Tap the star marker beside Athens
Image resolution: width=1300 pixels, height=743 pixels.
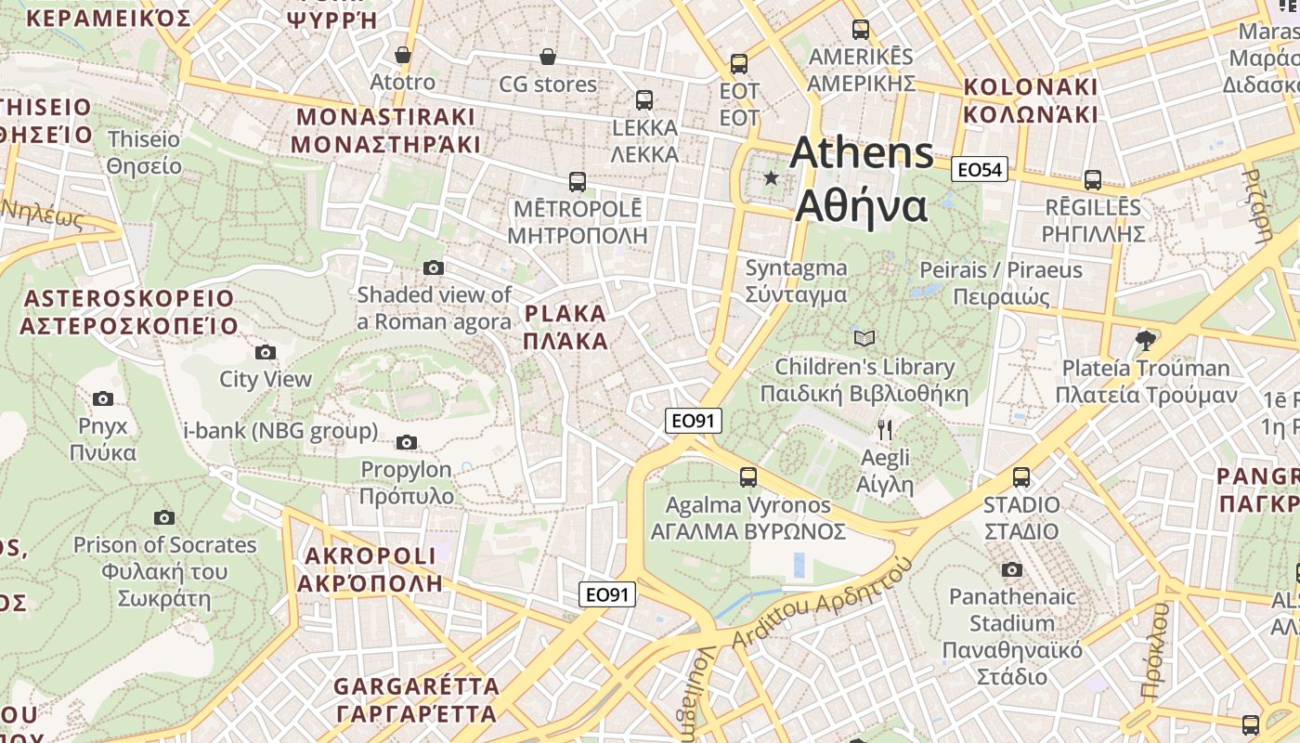[x=771, y=177]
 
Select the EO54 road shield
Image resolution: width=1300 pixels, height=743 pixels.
[x=980, y=169]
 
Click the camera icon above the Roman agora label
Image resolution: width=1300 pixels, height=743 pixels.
[x=433, y=268]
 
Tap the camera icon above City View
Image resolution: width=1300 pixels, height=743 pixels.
[x=266, y=352]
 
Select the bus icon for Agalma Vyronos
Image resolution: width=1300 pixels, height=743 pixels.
[x=747, y=477]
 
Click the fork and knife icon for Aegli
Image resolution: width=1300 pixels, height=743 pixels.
[x=885, y=429]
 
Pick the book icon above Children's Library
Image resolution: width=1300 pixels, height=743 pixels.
[x=864, y=338]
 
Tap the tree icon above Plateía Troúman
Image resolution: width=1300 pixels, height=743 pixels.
[x=1146, y=340]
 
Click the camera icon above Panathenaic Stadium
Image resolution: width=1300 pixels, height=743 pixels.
[x=1012, y=569]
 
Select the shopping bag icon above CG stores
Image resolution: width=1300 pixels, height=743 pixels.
[x=548, y=57]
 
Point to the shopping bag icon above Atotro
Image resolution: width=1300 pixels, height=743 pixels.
[x=403, y=55]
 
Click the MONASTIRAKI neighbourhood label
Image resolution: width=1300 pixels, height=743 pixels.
[x=385, y=131]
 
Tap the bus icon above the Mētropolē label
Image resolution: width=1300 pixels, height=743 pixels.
[x=577, y=181]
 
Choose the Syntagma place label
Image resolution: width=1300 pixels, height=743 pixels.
[x=797, y=281]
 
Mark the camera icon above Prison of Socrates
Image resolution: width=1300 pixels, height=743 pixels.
[x=164, y=517]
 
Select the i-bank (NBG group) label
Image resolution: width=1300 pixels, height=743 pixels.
[x=280, y=431]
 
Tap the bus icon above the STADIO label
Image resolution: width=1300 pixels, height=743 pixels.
[x=1021, y=477]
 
